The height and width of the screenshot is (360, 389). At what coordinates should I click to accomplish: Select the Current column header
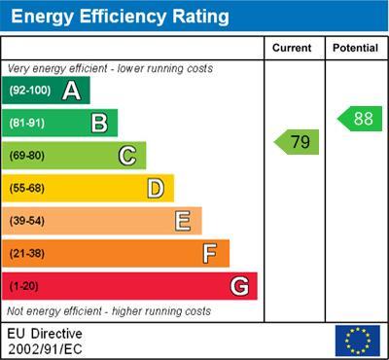coord(292,48)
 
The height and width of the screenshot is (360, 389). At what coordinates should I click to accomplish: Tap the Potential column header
coord(354,48)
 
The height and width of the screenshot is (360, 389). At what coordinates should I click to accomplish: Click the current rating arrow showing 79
coord(298,142)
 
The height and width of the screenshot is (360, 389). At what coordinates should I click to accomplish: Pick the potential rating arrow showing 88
coord(360,119)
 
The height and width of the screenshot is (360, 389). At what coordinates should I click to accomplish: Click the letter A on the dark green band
coord(71,91)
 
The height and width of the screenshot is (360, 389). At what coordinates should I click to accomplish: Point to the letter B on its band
coord(98,124)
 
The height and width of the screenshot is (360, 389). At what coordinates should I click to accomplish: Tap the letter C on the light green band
coord(126,156)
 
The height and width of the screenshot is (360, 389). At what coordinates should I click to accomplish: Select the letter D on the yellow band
coord(156,188)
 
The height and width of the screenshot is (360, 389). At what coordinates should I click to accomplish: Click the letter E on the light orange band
coord(183,221)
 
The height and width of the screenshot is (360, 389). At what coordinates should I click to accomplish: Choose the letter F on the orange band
coord(210,253)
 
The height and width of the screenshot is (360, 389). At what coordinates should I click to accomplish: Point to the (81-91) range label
coord(28,124)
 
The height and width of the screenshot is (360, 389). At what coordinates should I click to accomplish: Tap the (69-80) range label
coord(28,156)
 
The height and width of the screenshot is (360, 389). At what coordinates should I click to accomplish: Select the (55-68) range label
coord(28,188)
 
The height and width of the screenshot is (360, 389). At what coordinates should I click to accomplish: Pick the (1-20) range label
coord(24,286)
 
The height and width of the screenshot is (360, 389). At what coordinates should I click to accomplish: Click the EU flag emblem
coord(357,341)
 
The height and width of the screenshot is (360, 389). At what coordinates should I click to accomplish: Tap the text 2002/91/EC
coord(44,347)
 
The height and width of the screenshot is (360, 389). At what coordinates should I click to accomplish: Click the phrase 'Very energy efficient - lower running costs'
coord(110,69)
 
